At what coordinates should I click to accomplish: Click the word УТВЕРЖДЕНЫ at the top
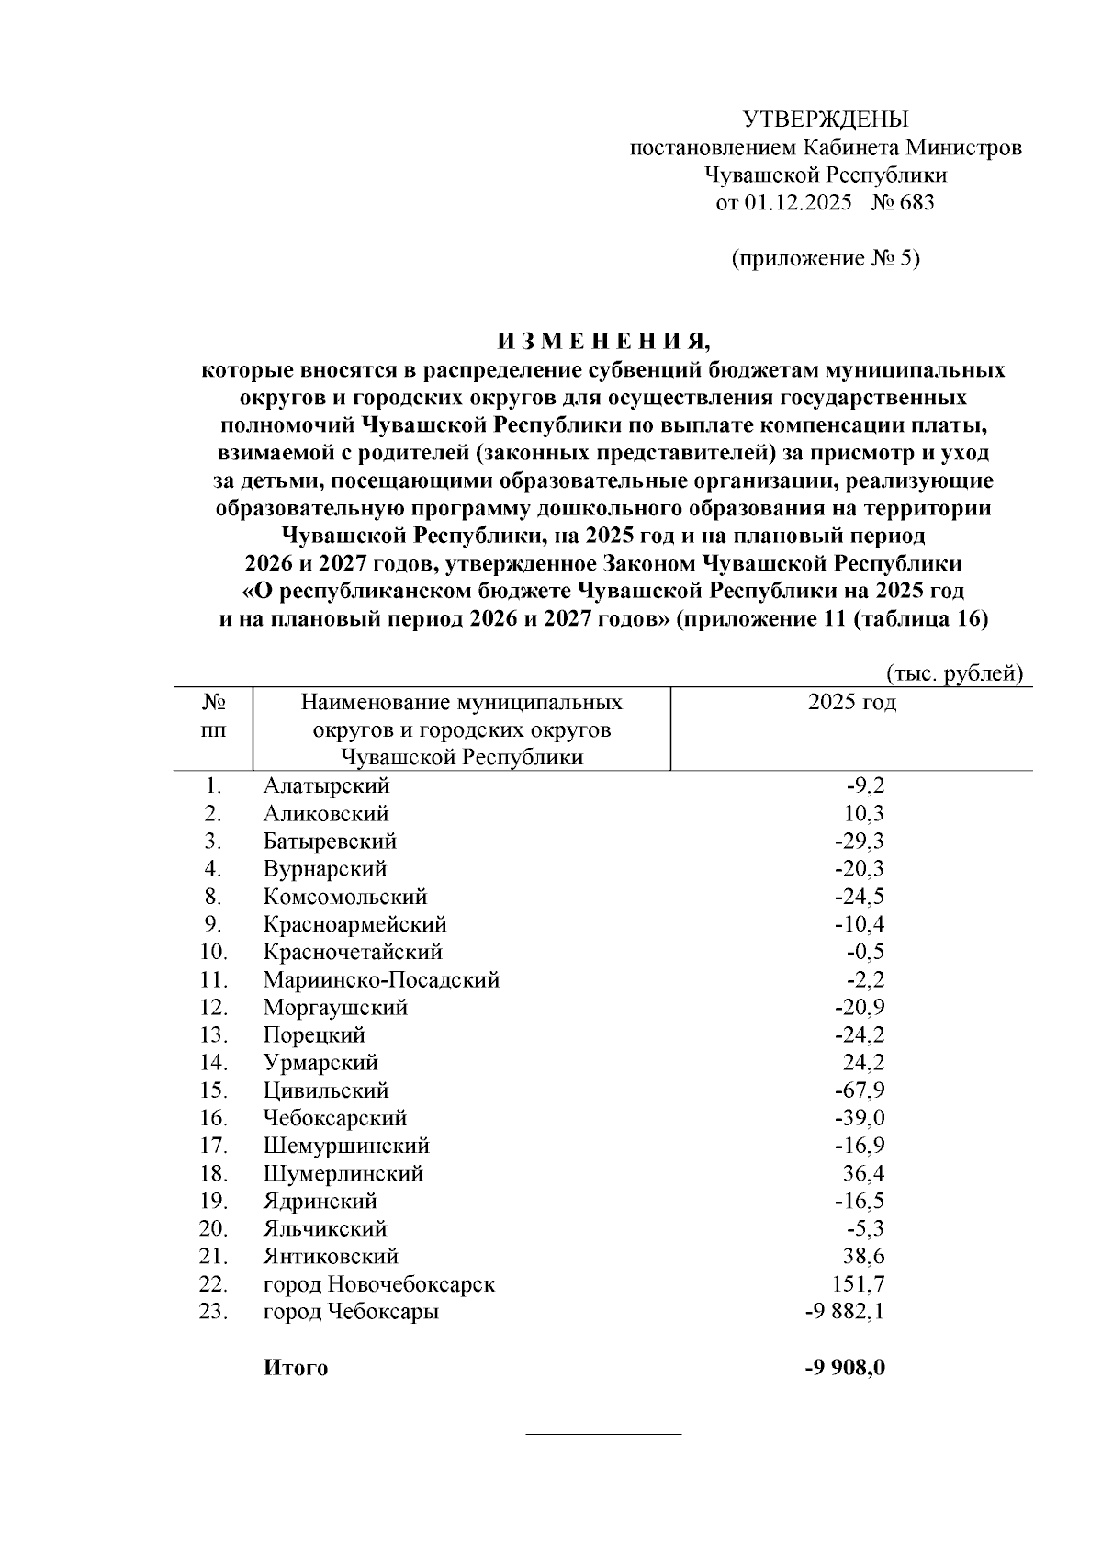click(x=825, y=119)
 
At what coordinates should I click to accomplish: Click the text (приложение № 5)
click(x=825, y=258)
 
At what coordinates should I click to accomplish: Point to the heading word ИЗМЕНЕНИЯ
click(x=603, y=343)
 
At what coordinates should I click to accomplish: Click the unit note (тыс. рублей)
click(x=954, y=673)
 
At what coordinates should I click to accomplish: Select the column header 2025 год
click(x=851, y=703)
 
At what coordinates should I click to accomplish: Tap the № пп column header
click(x=213, y=717)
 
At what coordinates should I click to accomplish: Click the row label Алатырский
click(x=326, y=785)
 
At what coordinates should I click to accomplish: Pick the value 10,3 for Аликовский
click(x=864, y=813)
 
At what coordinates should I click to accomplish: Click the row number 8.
click(x=213, y=897)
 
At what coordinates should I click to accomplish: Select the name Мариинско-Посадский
click(x=381, y=979)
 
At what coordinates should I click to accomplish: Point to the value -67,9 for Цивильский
click(x=860, y=1090)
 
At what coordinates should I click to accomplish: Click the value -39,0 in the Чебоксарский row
click(x=860, y=1118)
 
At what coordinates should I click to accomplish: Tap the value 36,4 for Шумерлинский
click(x=864, y=1173)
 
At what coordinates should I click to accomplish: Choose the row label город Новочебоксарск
click(x=378, y=1284)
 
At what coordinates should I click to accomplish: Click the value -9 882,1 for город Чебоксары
click(x=844, y=1312)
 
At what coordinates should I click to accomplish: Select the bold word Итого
click(x=295, y=1368)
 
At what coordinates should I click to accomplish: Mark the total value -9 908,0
click(x=844, y=1368)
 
